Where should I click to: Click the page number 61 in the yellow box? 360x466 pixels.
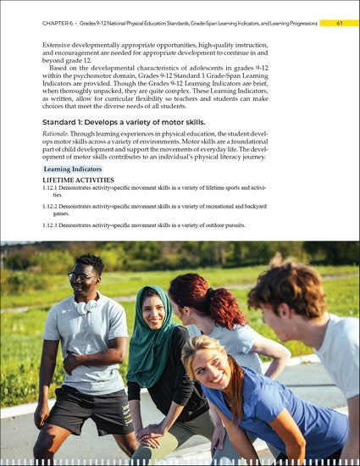click(x=339, y=23)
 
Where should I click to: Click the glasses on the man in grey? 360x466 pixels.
click(x=82, y=277)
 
